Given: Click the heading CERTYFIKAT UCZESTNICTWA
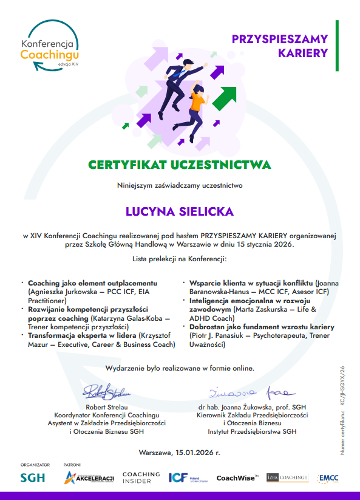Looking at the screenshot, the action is pos(180,165).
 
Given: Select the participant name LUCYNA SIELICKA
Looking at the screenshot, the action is pos(180,211).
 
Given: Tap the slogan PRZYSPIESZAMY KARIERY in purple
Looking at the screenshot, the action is pos(280,46).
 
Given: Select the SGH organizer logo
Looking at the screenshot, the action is pos(33,478).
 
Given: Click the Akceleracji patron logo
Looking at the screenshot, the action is pos(89,478).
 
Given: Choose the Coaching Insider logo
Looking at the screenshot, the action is pos(141,478).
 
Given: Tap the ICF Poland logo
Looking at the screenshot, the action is pos(185,478).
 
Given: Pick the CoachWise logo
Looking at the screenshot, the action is pos(237,478).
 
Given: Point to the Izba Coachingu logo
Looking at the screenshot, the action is pos(288,478).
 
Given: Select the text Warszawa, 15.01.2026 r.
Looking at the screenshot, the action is pos(180,453).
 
